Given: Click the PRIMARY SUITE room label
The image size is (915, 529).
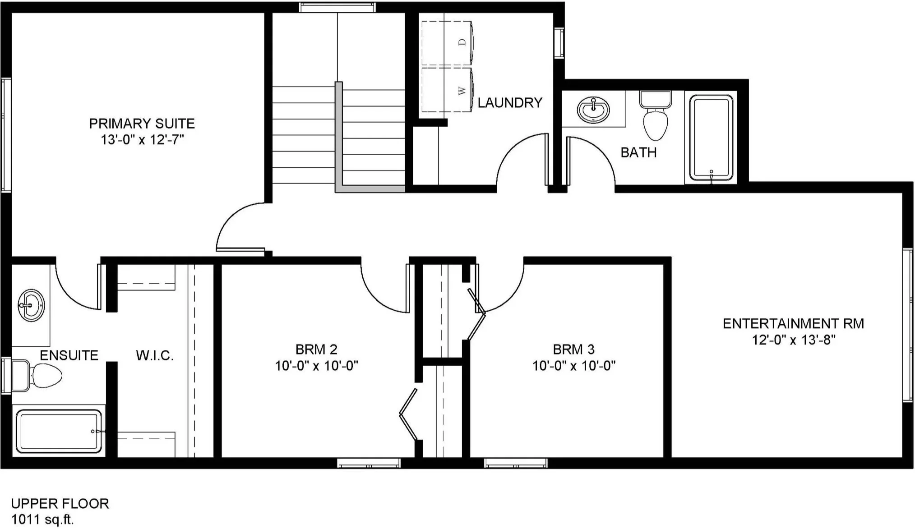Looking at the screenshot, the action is point(142,123).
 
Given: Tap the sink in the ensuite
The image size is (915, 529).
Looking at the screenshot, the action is point(31,305).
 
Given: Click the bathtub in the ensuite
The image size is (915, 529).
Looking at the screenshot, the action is point(59,431).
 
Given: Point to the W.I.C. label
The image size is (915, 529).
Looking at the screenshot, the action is point(155,355).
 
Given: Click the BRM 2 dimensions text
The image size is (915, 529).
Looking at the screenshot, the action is point(317,366).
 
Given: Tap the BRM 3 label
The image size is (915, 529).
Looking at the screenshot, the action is point(574,349).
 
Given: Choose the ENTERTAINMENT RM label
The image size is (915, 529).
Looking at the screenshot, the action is point(794,323).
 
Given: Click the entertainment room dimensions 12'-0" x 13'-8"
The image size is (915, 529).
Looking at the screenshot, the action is point(794,340).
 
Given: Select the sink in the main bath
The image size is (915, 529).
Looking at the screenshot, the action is point(593,110).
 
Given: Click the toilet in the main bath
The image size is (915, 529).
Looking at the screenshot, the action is point(656,115).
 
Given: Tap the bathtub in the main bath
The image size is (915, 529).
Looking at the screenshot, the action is point(711,138).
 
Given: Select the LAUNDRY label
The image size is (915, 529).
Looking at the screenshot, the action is point(510,103).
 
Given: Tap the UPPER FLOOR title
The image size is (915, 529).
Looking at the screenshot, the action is point(60,503).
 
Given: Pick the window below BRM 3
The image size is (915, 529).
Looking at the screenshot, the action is point(516,463).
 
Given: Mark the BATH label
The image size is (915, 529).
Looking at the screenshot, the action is point(638,152).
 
